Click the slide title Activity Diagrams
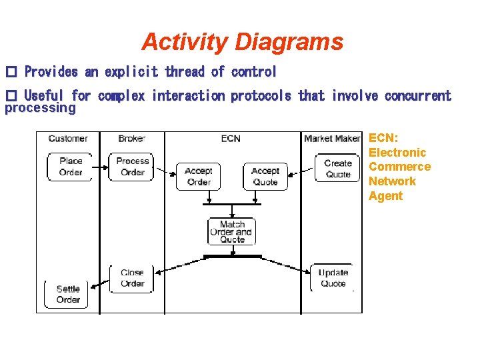point(242,42)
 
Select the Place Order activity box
point(71,167)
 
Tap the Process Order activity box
point(133,167)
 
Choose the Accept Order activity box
point(199,177)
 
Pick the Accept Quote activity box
point(265,177)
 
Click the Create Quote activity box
point(338,168)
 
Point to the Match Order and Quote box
point(232,232)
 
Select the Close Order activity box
point(132,278)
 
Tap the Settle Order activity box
point(68,294)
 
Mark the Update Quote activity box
point(333,278)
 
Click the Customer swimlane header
point(68,139)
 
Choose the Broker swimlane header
point(131,139)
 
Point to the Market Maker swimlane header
point(332,139)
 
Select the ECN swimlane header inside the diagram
point(231,139)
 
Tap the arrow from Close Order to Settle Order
point(100,283)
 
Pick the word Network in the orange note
point(392,181)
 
